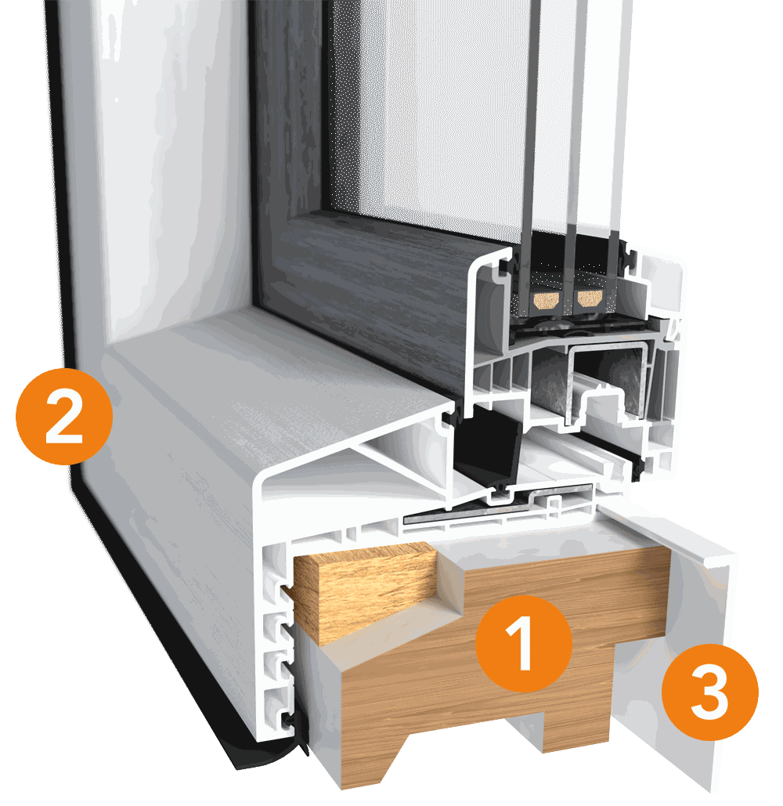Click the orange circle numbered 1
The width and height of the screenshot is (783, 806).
pyautogui.click(x=523, y=643)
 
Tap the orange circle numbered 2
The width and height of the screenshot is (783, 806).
pyautogui.click(x=64, y=417)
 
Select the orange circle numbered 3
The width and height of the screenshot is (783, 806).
pyautogui.click(x=709, y=692)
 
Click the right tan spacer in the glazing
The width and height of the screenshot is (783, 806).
pyautogui.click(x=590, y=298)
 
